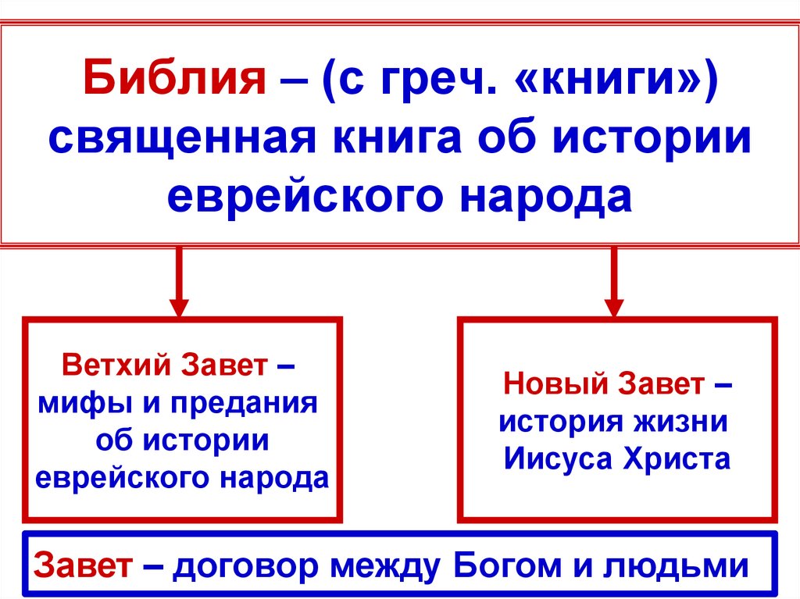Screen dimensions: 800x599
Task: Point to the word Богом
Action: point(509,565)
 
